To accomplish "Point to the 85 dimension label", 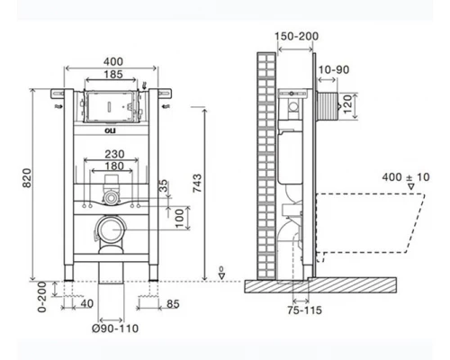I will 173,304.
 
